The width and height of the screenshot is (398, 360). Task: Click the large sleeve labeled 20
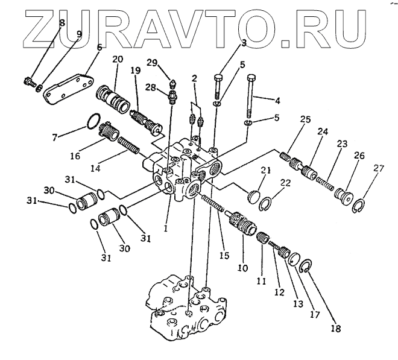pos(113,97)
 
